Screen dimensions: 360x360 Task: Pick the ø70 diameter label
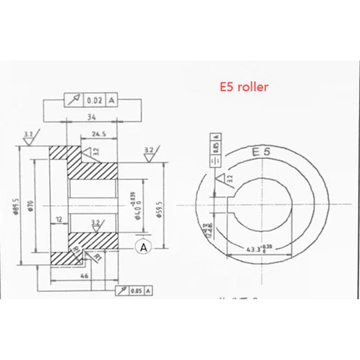pos(30,204)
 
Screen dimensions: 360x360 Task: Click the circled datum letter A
pos(143,247)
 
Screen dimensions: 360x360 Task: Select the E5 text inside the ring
pos(261,152)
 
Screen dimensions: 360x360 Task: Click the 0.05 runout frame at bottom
pos(134,291)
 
